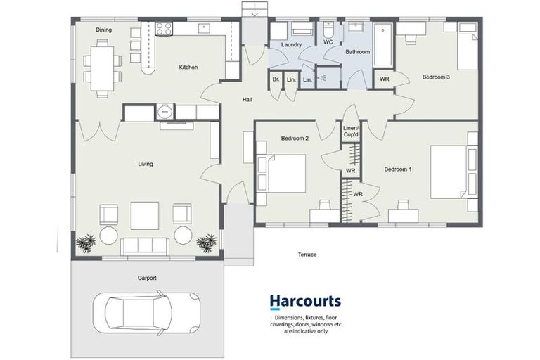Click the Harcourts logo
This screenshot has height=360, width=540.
305,302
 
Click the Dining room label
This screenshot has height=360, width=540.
103,30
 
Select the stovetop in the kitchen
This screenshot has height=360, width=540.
164,29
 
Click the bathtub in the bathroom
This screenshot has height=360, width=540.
383,44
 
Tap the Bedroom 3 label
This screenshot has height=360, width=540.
436,77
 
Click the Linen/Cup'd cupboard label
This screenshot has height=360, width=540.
351,131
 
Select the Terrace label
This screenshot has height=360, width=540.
307,255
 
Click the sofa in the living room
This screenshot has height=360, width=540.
145,246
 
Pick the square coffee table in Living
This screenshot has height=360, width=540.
145,216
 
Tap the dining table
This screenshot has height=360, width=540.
102,69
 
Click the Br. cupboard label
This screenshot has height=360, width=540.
276,79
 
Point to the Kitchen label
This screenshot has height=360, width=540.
188,67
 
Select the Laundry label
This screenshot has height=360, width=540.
291,45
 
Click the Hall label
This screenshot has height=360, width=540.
247,100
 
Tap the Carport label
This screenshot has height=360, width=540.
147,278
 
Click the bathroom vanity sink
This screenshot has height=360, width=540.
355,27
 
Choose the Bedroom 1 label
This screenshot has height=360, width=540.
398,169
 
